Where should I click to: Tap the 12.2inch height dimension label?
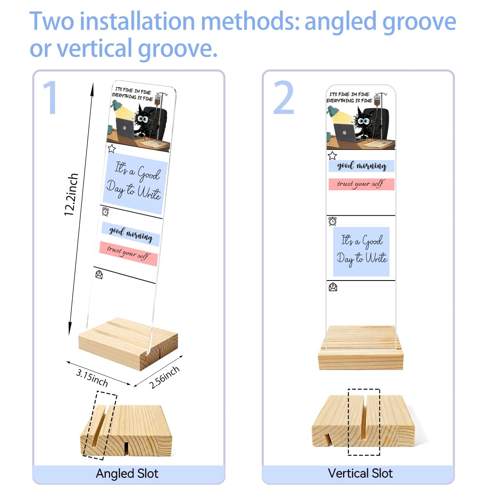pyautogui.click(x=71, y=194)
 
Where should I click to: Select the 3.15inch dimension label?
pyautogui.click(x=92, y=378)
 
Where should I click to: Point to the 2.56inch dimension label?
pyautogui.click(x=164, y=377)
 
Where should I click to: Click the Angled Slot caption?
pyautogui.click(x=127, y=474)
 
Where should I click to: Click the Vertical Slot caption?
pyautogui.click(x=360, y=473)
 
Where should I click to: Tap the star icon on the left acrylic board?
pyautogui.click(x=111, y=149)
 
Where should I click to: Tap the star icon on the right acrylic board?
pyautogui.click(x=332, y=155)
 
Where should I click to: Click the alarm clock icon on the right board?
pyautogui.click(x=332, y=221)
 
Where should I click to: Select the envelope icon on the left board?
pyautogui.click(x=99, y=275)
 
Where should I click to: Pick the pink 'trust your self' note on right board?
pyautogui.click(x=361, y=184)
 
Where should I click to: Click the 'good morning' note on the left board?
pyautogui.click(x=131, y=234)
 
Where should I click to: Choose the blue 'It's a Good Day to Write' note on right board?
pyautogui.click(x=361, y=252)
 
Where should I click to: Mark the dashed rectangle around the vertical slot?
pyautogui.click(x=364, y=422)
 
